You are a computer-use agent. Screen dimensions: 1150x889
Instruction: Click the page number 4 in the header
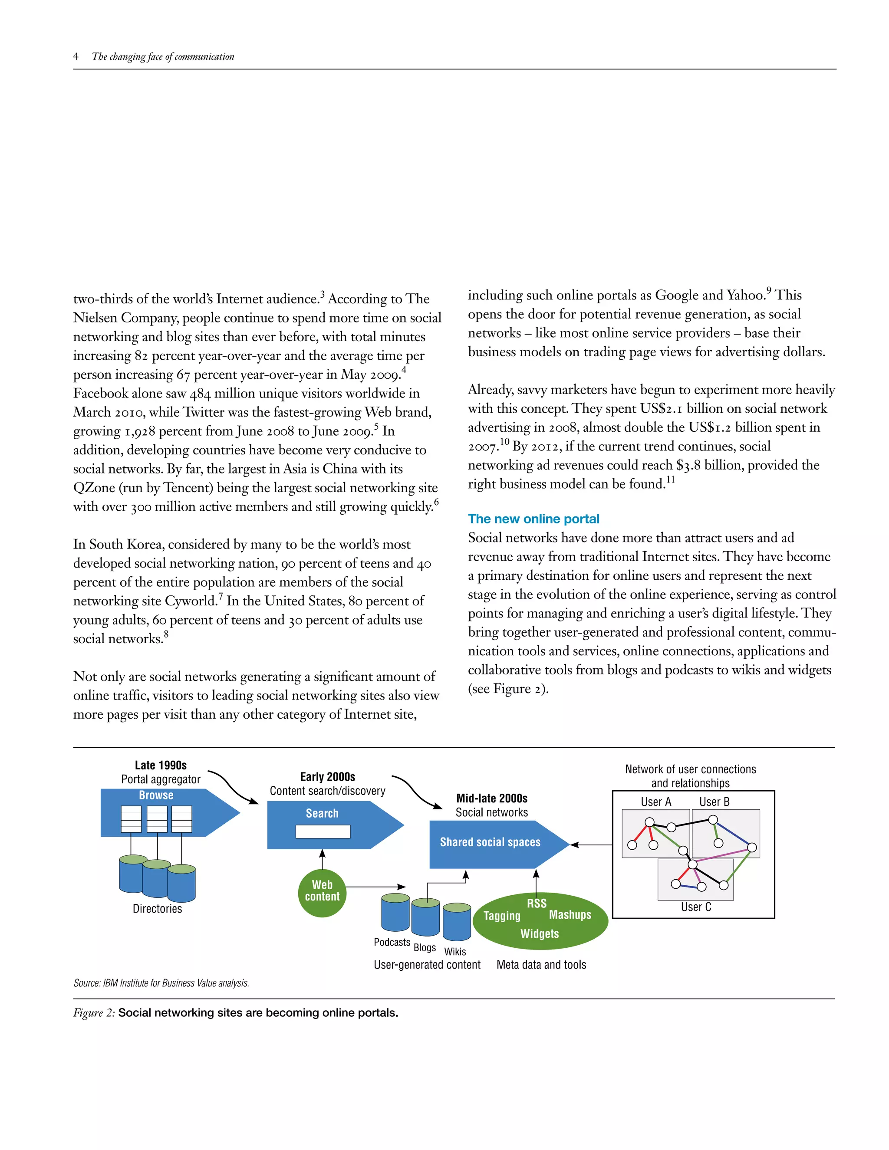(x=76, y=56)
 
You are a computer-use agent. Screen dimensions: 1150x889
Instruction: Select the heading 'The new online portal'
(x=533, y=519)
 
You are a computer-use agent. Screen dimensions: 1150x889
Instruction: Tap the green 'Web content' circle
(x=323, y=890)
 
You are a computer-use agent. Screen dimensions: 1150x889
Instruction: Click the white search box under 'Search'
(x=323, y=831)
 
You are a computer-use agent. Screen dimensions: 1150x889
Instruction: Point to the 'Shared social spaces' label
(x=491, y=842)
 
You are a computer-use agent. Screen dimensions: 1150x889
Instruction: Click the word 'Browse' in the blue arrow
(x=156, y=795)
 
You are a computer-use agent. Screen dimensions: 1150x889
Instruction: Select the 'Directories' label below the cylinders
(x=157, y=908)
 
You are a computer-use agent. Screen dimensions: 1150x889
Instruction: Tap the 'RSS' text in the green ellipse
(x=537, y=903)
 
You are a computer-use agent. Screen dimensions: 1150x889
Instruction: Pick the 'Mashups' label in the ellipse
(x=570, y=915)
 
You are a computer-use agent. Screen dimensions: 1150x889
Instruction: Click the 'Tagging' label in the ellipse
(x=502, y=916)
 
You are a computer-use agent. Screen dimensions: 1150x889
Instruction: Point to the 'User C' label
(x=696, y=907)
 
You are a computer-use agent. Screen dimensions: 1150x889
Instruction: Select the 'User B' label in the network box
(x=714, y=802)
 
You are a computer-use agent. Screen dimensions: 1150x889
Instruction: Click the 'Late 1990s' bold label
(x=161, y=765)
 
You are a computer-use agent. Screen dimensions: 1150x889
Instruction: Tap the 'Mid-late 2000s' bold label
(x=491, y=798)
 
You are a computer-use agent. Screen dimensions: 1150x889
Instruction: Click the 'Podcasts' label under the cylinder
(x=392, y=942)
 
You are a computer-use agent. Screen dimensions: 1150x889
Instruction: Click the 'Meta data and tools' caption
(x=541, y=965)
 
